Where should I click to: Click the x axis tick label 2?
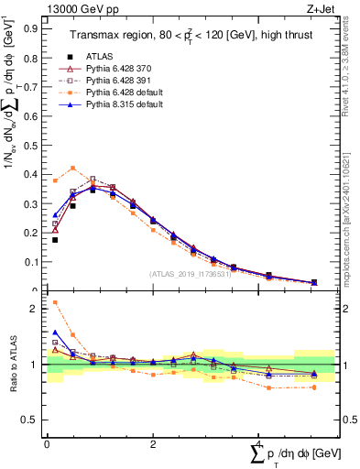pos(153,444)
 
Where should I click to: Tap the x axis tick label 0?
pos(47,444)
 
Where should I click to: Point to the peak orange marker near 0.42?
pos(73,168)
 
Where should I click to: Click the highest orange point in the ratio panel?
pos(55,302)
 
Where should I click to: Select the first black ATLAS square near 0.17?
pos(55,240)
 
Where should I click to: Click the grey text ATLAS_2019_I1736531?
pos(189,274)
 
